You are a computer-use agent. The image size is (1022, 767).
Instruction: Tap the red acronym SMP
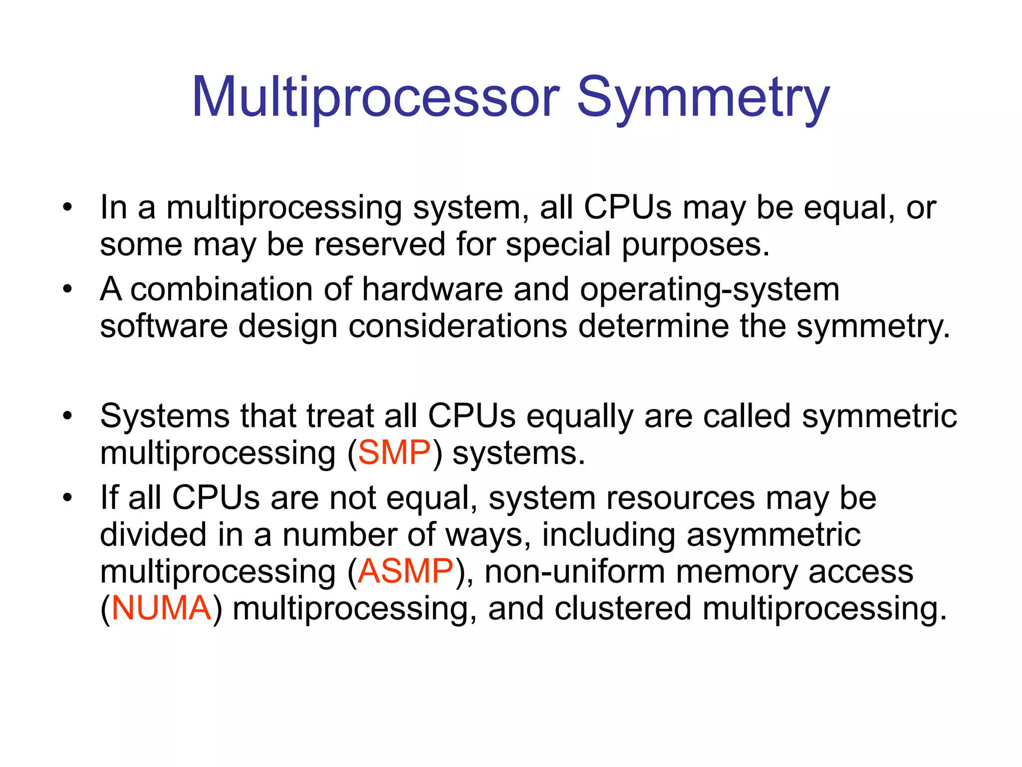coord(394,453)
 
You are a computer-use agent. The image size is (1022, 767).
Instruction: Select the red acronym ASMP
coord(405,571)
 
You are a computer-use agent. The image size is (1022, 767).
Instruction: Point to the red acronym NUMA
coord(161,608)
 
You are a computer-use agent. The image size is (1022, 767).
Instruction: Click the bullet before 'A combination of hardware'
coord(68,289)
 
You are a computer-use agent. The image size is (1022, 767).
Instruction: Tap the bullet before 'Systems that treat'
coord(68,415)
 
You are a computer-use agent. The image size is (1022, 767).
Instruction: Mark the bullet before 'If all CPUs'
coord(68,498)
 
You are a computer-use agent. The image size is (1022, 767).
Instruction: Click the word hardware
coord(432,289)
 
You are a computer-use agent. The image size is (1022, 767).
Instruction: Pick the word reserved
coord(379,244)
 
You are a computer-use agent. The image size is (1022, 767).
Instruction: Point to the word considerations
coord(458,326)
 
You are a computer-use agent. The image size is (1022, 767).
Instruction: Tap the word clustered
coord(622,608)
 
